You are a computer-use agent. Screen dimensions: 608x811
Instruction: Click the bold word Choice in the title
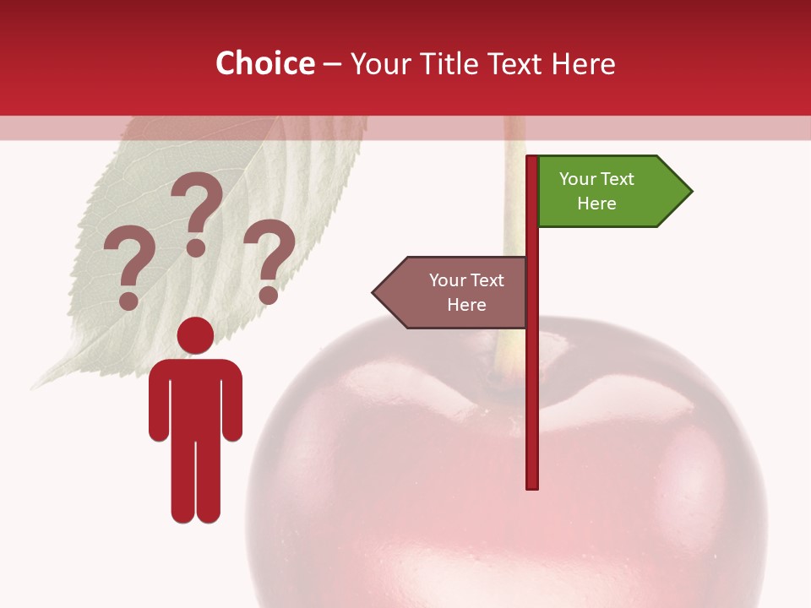[264, 63]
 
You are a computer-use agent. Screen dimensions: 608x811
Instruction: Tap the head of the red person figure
[195, 335]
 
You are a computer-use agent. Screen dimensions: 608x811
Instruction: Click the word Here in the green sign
[596, 204]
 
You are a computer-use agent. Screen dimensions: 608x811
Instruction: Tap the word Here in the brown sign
[466, 305]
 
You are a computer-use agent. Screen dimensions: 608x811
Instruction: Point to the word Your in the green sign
[578, 179]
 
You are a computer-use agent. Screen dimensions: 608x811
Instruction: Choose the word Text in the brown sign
[487, 280]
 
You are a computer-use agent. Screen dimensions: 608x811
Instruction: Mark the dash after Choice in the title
[332, 64]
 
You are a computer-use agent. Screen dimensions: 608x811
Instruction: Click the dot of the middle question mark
[196, 247]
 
